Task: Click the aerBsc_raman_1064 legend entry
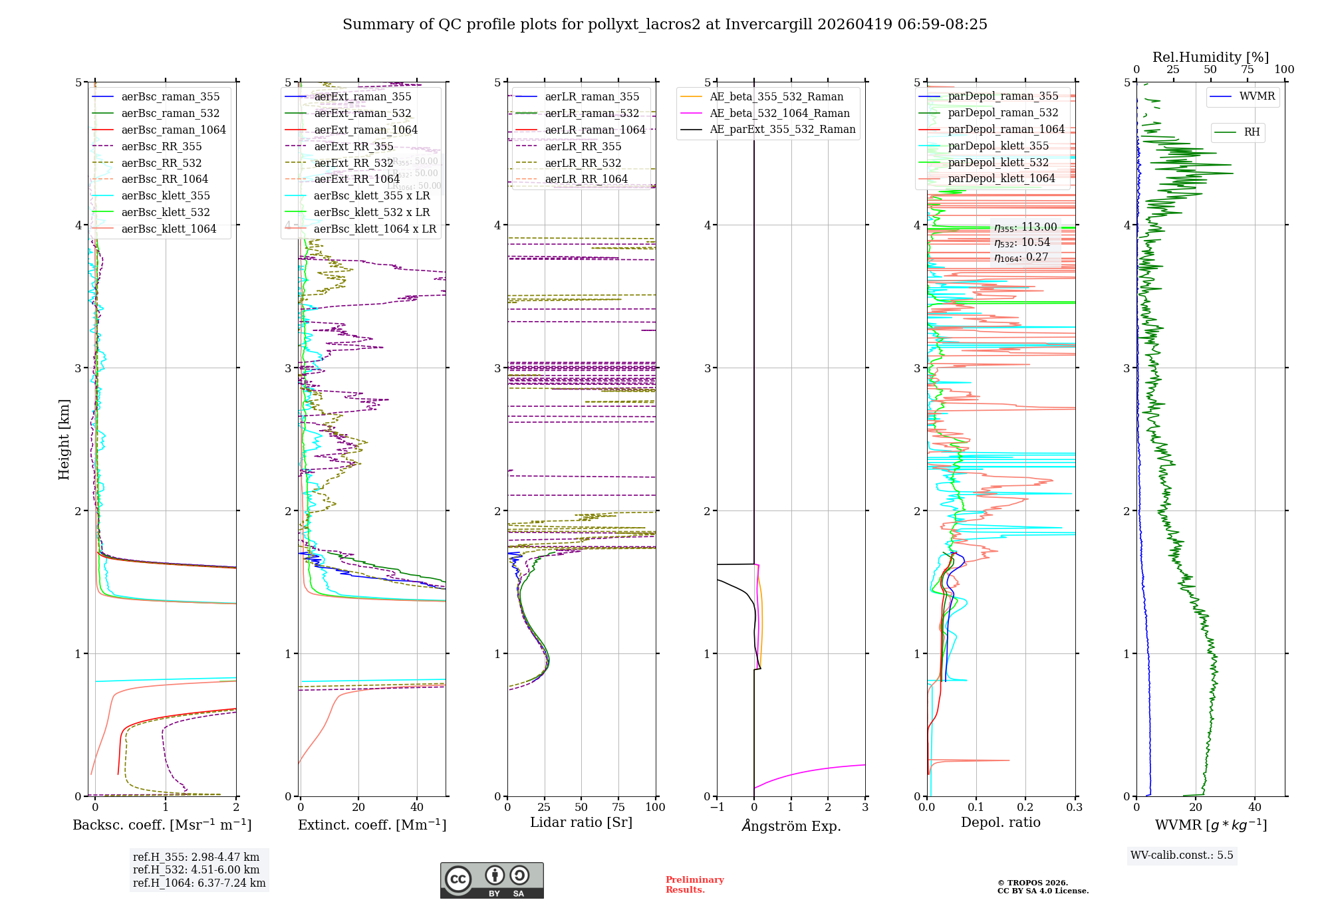pyautogui.click(x=174, y=130)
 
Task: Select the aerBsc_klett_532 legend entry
pyautogui.click(x=166, y=212)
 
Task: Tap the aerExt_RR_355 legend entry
pyautogui.click(x=354, y=146)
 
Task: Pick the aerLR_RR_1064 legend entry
pyautogui.click(x=586, y=179)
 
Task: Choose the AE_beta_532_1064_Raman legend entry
pyautogui.click(x=779, y=113)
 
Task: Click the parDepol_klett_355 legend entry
pyautogui.click(x=998, y=146)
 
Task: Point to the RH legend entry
pyautogui.click(x=1252, y=132)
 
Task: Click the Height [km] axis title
pyautogui.click(x=64, y=439)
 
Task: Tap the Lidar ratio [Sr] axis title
pyautogui.click(x=581, y=822)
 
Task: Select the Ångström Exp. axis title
pyautogui.click(x=791, y=826)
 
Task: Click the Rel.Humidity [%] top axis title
pyautogui.click(x=1210, y=57)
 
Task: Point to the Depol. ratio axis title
pyautogui.click(x=1000, y=822)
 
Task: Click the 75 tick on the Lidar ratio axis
pyautogui.click(x=618, y=807)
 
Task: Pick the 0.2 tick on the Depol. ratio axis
pyautogui.click(x=1025, y=807)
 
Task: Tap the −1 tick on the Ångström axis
pyautogui.click(x=716, y=807)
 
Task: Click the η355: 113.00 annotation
pyautogui.click(x=1025, y=227)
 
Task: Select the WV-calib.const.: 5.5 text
pyautogui.click(x=1182, y=855)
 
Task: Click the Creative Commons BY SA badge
pyautogui.click(x=491, y=881)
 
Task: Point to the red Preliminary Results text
pyautogui.click(x=694, y=885)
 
